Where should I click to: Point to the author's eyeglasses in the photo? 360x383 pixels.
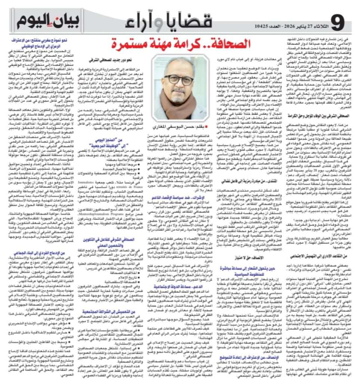click(x=179, y=79)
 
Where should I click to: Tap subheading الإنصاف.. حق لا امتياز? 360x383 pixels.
click(x=247, y=257)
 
